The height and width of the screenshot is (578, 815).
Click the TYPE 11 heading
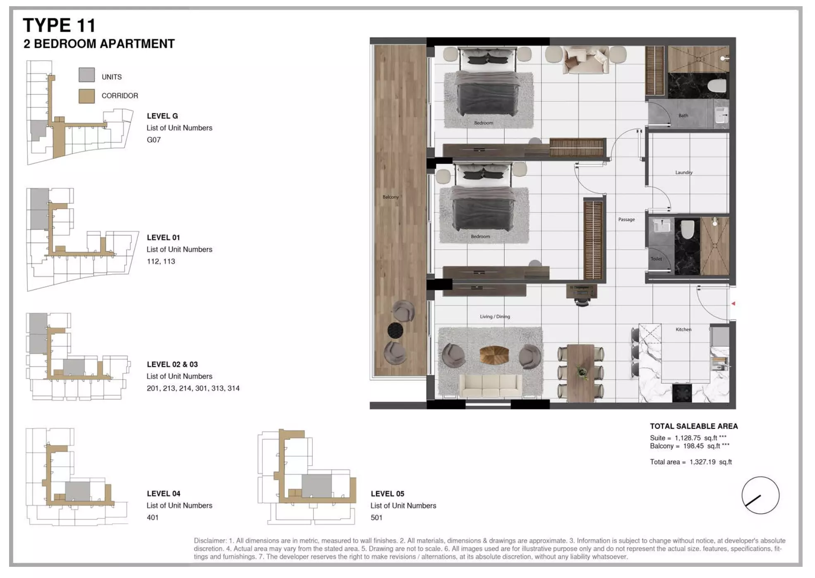(59, 25)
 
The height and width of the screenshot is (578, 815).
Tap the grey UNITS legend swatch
(86, 75)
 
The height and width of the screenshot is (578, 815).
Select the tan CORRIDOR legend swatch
(86, 96)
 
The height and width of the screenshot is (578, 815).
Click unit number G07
(153, 140)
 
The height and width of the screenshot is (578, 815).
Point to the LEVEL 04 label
(163, 493)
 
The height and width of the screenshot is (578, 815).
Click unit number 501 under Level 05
(376, 517)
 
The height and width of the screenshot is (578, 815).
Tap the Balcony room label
(391, 197)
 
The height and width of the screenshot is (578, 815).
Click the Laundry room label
(683, 172)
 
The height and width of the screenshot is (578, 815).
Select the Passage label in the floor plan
(626, 220)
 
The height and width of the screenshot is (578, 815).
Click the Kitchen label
(683, 330)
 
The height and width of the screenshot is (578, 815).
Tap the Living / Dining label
(495, 316)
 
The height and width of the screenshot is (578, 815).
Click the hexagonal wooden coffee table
(494, 355)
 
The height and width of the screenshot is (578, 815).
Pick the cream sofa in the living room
(490, 386)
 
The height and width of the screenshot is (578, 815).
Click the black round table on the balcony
(395, 330)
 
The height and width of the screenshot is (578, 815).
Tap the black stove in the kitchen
(682, 393)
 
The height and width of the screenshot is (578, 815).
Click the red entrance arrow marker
(733, 303)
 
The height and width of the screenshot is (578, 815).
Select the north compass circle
(760, 495)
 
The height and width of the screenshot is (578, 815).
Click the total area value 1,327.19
(702, 462)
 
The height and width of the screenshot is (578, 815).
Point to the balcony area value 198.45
(693, 446)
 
